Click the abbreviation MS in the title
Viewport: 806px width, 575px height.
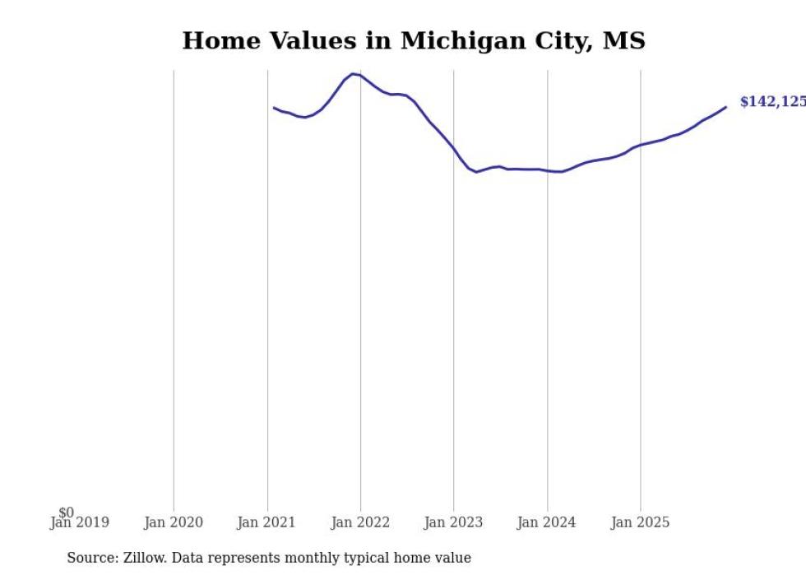point(623,41)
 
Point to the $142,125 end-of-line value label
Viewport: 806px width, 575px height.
point(771,102)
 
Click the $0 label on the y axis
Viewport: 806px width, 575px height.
point(66,512)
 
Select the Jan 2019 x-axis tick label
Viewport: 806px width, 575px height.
point(80,522)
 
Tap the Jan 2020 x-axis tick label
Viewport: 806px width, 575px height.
point(174,522)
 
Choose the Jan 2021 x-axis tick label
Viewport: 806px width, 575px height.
point(266,522)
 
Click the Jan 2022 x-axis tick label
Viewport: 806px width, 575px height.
point(360,522)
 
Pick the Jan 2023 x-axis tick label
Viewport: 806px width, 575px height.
point(453,522)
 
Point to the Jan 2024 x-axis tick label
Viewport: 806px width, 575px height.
point(547,522)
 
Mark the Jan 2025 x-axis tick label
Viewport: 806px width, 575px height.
point(641,522)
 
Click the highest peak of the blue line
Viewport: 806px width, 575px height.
point(353,74)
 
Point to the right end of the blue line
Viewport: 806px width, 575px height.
point(725,107)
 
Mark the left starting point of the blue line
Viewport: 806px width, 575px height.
point(274,107)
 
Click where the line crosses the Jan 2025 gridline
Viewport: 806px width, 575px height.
point(641,145)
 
